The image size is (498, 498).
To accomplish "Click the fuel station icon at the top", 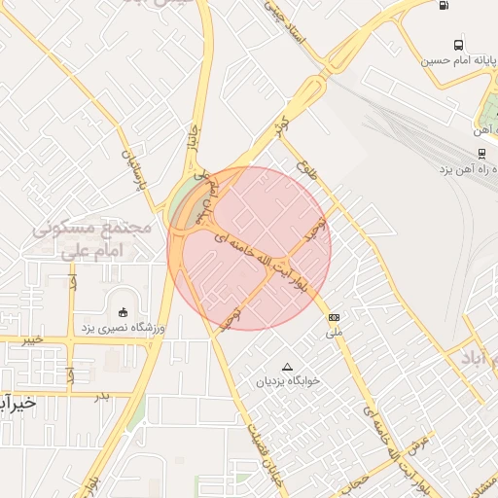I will (x=444, y=5).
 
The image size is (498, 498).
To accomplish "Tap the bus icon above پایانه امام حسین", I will (x=458, y=45).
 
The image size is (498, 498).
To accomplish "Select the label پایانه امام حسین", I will (x=452, y=60).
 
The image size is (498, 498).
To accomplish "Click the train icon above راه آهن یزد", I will (x=481, y=153).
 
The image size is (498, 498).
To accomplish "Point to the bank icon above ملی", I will (x=335, y=317).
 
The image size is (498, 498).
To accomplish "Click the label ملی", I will (x=335, y=332).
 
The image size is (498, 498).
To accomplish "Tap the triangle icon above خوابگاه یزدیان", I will (x=286, y=367).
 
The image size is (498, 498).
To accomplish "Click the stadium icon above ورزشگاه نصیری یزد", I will (x=123, y=311).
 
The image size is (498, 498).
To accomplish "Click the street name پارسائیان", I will (x=133, y=167).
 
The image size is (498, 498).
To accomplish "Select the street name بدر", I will (x=99, y=397).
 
